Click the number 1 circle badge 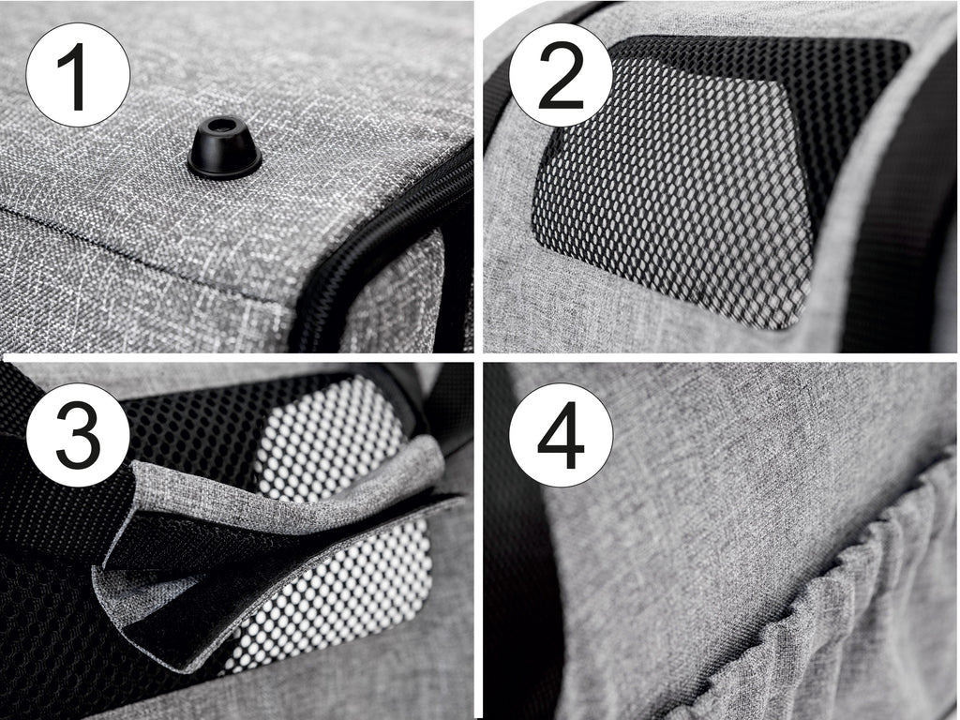[78, 75]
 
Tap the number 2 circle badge [561, 75]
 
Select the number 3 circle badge [78, 435]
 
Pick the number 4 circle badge [561, 435]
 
